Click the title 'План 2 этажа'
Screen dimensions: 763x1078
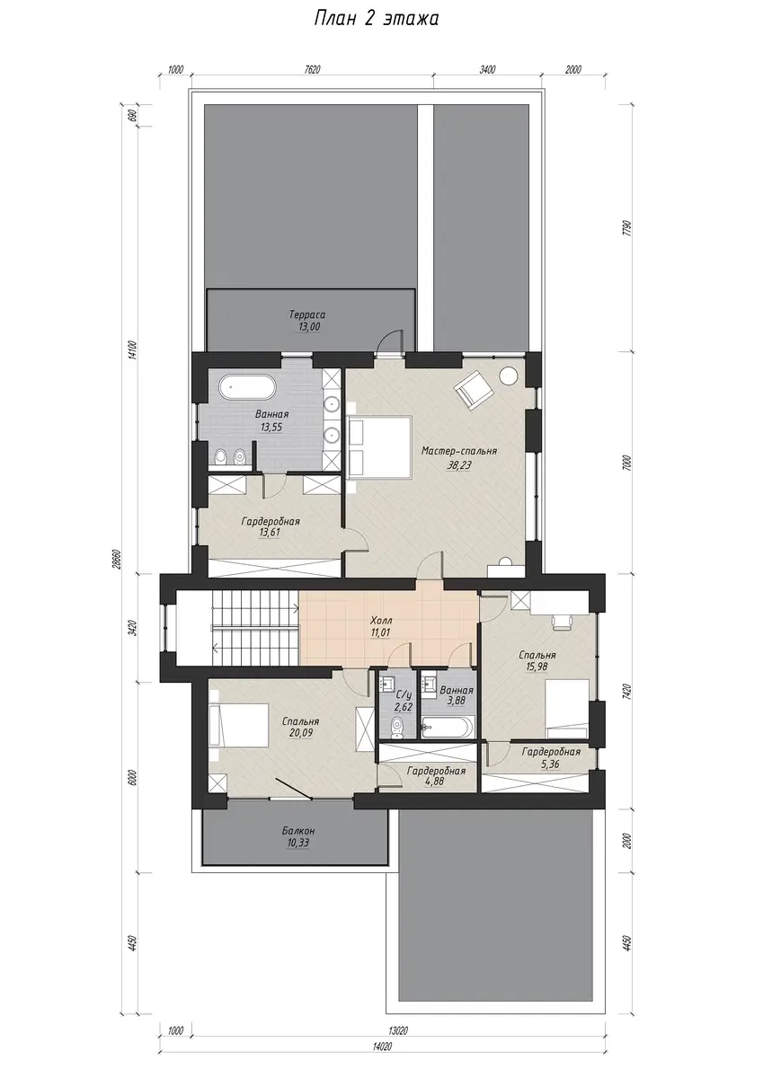tap(376, 19)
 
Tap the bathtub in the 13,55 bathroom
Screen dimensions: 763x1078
tap(247, 387)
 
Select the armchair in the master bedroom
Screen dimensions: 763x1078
tap(475, 387)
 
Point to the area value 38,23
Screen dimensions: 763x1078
tap(458, 465)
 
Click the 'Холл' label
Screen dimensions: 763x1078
tap(381, 621)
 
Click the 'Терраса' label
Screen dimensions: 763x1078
tap(307, 315)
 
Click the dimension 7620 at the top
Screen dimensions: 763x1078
tap(312, 70)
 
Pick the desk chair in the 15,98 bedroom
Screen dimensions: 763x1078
tap(561, 621)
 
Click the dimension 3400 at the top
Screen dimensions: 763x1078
tap(487, 70)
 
